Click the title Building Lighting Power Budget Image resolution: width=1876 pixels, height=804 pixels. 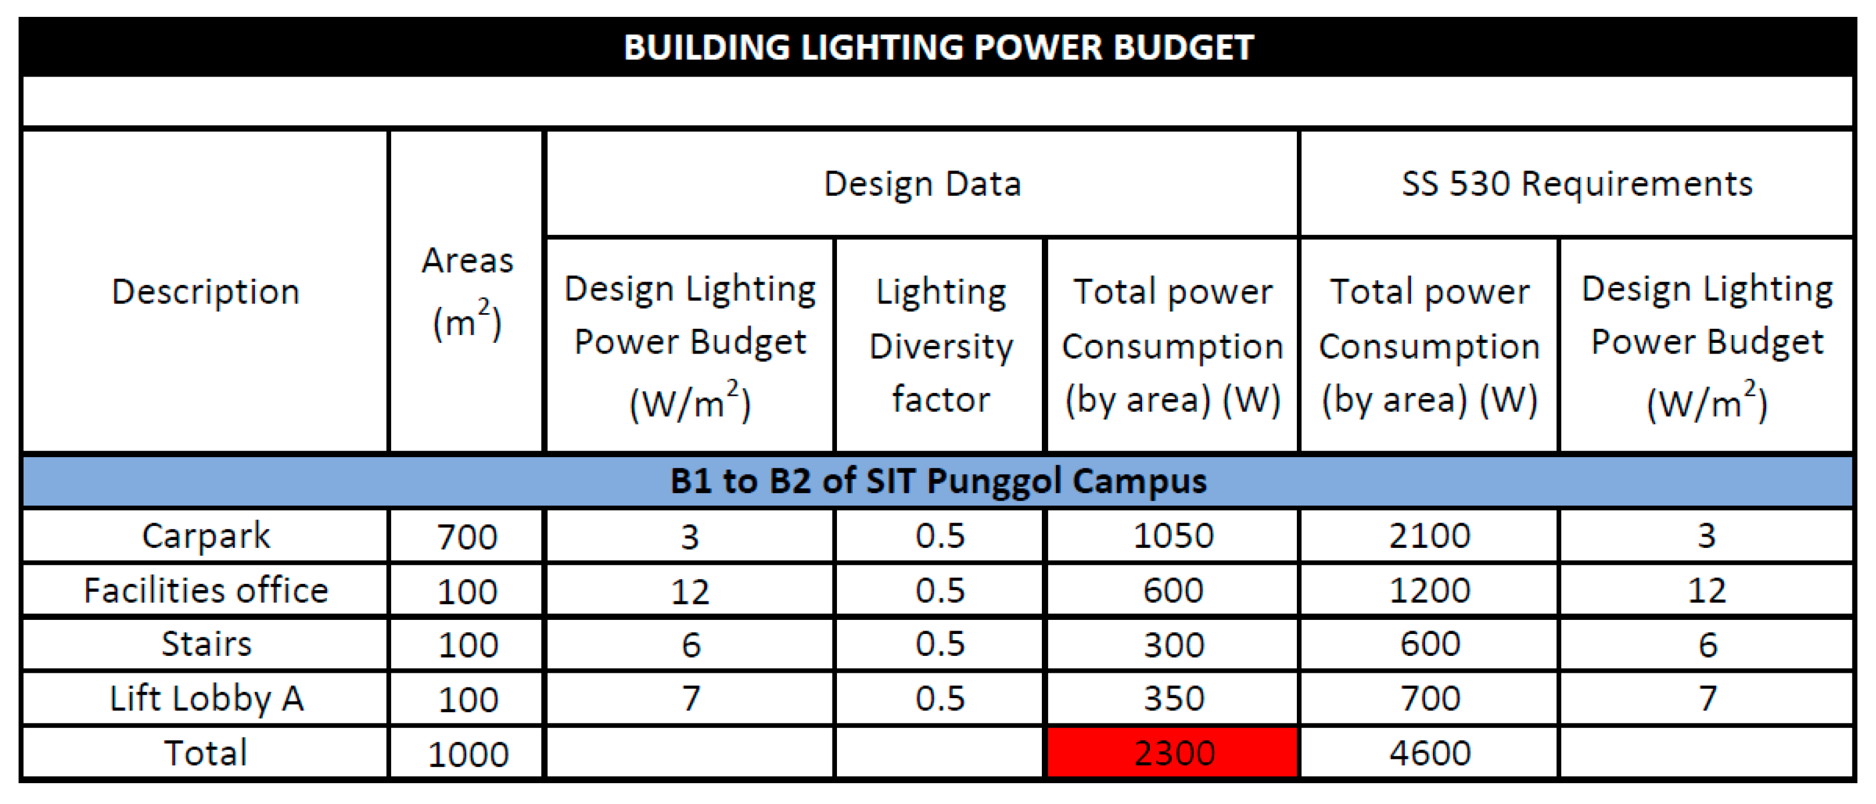point(938,47)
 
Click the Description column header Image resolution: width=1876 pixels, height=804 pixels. point(205,291)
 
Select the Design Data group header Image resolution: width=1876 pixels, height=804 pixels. point(922,184)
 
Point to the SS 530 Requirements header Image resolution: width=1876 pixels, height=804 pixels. point(1577,184)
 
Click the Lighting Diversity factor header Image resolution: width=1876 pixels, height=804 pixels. point(940,345)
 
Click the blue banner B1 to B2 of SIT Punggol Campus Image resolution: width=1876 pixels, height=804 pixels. point(938,481)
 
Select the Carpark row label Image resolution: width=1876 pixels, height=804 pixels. point(205,537)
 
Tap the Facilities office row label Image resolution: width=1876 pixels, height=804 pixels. point(205,590)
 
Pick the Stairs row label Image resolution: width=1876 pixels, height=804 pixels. point(205,644)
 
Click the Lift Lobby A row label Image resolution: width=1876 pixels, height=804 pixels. point(205,698)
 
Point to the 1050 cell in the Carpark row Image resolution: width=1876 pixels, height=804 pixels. point(1173,536)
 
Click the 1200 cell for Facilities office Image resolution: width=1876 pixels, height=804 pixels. point(1430,591)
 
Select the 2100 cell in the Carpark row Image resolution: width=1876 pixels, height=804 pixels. point(1430,536)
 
